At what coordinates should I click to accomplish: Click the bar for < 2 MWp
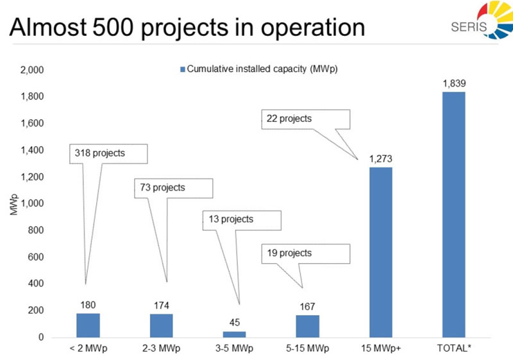pyautogui.click(x=88, y=325)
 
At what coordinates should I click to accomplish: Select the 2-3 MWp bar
pyautogui.click(x=161, y=325)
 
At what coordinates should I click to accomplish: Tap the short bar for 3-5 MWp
pyautogui.click(x=234, y=334)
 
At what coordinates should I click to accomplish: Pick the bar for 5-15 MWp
pyautogui.click(x=307, y=326)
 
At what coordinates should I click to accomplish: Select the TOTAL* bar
pyautogui.click(x=453, y=214)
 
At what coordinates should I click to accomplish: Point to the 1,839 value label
pyautogui.click(x=453, y=83)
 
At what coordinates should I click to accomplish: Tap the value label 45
pyautogui.click(x=234, y=323)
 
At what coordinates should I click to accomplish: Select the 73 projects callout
pyautogui.click(x=172, y=188)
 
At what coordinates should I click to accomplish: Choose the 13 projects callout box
pyautogui.click(x=242, y=219)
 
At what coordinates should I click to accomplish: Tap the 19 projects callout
pyautogui.click(x=305, y=253)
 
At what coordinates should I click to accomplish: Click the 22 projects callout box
pyautogui.click(x=305, y=119)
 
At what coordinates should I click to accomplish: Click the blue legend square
pyautogui.click(x=182, y=69)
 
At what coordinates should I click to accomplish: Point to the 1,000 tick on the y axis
pyautogui.click(x=31, y=203)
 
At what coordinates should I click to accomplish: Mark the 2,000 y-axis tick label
pyautogui.click(x=31, y=69)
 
